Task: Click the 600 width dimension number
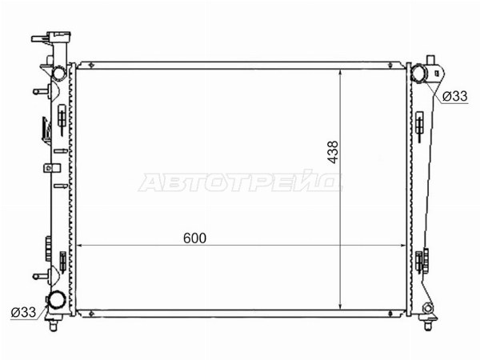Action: pos(194,238)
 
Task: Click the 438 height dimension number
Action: pos(333,152)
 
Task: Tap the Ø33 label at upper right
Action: pos(455,97)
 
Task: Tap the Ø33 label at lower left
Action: pos(23,312)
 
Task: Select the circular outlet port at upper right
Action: pos(418,74)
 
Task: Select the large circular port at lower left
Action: pos(57,299)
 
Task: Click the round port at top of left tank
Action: pos(58,74)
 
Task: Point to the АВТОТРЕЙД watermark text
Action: pos(240,182)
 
